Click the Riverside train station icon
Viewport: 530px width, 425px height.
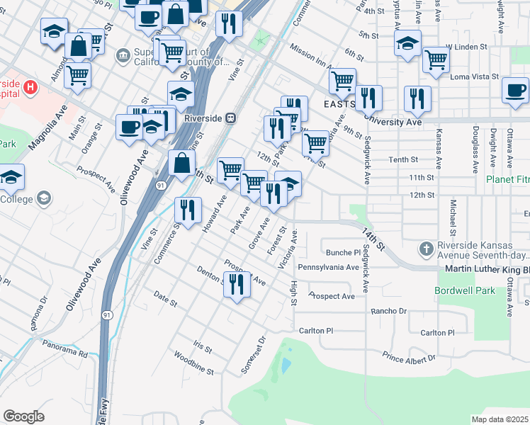click(x=230, y=119)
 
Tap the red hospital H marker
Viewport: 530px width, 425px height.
click(x=30, y=87)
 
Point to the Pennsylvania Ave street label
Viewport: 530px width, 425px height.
click(x=328, y=268)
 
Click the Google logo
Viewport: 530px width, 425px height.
click(x=23, y=416)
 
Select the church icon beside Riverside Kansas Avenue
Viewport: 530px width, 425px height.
click(x=425, y=249)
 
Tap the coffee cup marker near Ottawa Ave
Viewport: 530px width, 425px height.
click(x=515, y=91)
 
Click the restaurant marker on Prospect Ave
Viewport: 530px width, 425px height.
click(x=237, y=285)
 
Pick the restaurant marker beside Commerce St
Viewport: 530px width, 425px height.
click(x=188, y=210)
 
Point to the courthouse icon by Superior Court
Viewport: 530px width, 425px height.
click(x=123, y=55)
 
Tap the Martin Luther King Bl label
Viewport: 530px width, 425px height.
click(x=486, y=270)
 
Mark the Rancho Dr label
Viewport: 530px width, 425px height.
click(x=389, y=311)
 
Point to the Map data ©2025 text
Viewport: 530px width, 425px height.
click(x=500, y=419)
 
